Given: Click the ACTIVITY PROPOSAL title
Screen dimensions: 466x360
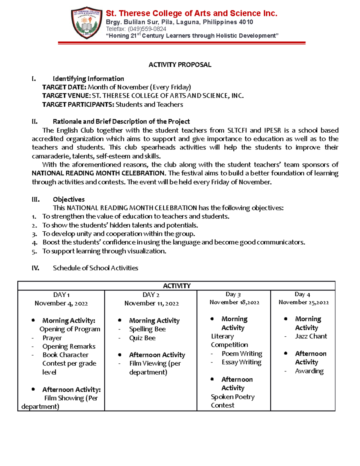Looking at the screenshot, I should (180, 65).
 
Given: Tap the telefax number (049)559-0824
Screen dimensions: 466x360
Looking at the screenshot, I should (147, 29).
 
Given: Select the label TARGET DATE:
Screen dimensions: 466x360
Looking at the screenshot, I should (64, 87).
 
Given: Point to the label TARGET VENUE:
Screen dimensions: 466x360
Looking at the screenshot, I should (66, 96).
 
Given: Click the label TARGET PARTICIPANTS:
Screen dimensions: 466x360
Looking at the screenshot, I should (78, 104).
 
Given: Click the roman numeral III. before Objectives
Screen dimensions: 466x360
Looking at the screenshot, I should (36, 200).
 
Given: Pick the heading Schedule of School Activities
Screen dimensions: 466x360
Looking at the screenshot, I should (95, 268).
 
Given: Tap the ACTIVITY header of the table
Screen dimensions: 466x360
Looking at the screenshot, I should (177, 286).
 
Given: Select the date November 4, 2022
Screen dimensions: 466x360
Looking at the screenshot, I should (61, 303).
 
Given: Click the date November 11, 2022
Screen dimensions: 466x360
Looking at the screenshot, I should (151, 303).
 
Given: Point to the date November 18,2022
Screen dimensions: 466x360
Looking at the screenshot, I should (234, 302).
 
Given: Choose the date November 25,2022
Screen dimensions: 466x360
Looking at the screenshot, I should (304, 302).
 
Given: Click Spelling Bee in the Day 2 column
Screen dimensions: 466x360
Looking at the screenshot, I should (147, 329).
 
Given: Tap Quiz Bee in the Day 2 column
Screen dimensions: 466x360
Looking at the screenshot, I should (142, 338).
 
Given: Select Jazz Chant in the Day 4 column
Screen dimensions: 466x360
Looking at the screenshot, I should (311, 336).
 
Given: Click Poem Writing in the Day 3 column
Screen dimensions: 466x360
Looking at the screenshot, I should (242, 354).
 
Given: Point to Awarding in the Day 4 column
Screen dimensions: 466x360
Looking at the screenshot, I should (309, 371).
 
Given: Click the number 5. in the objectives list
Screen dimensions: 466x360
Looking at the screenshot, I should (34, 251).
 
